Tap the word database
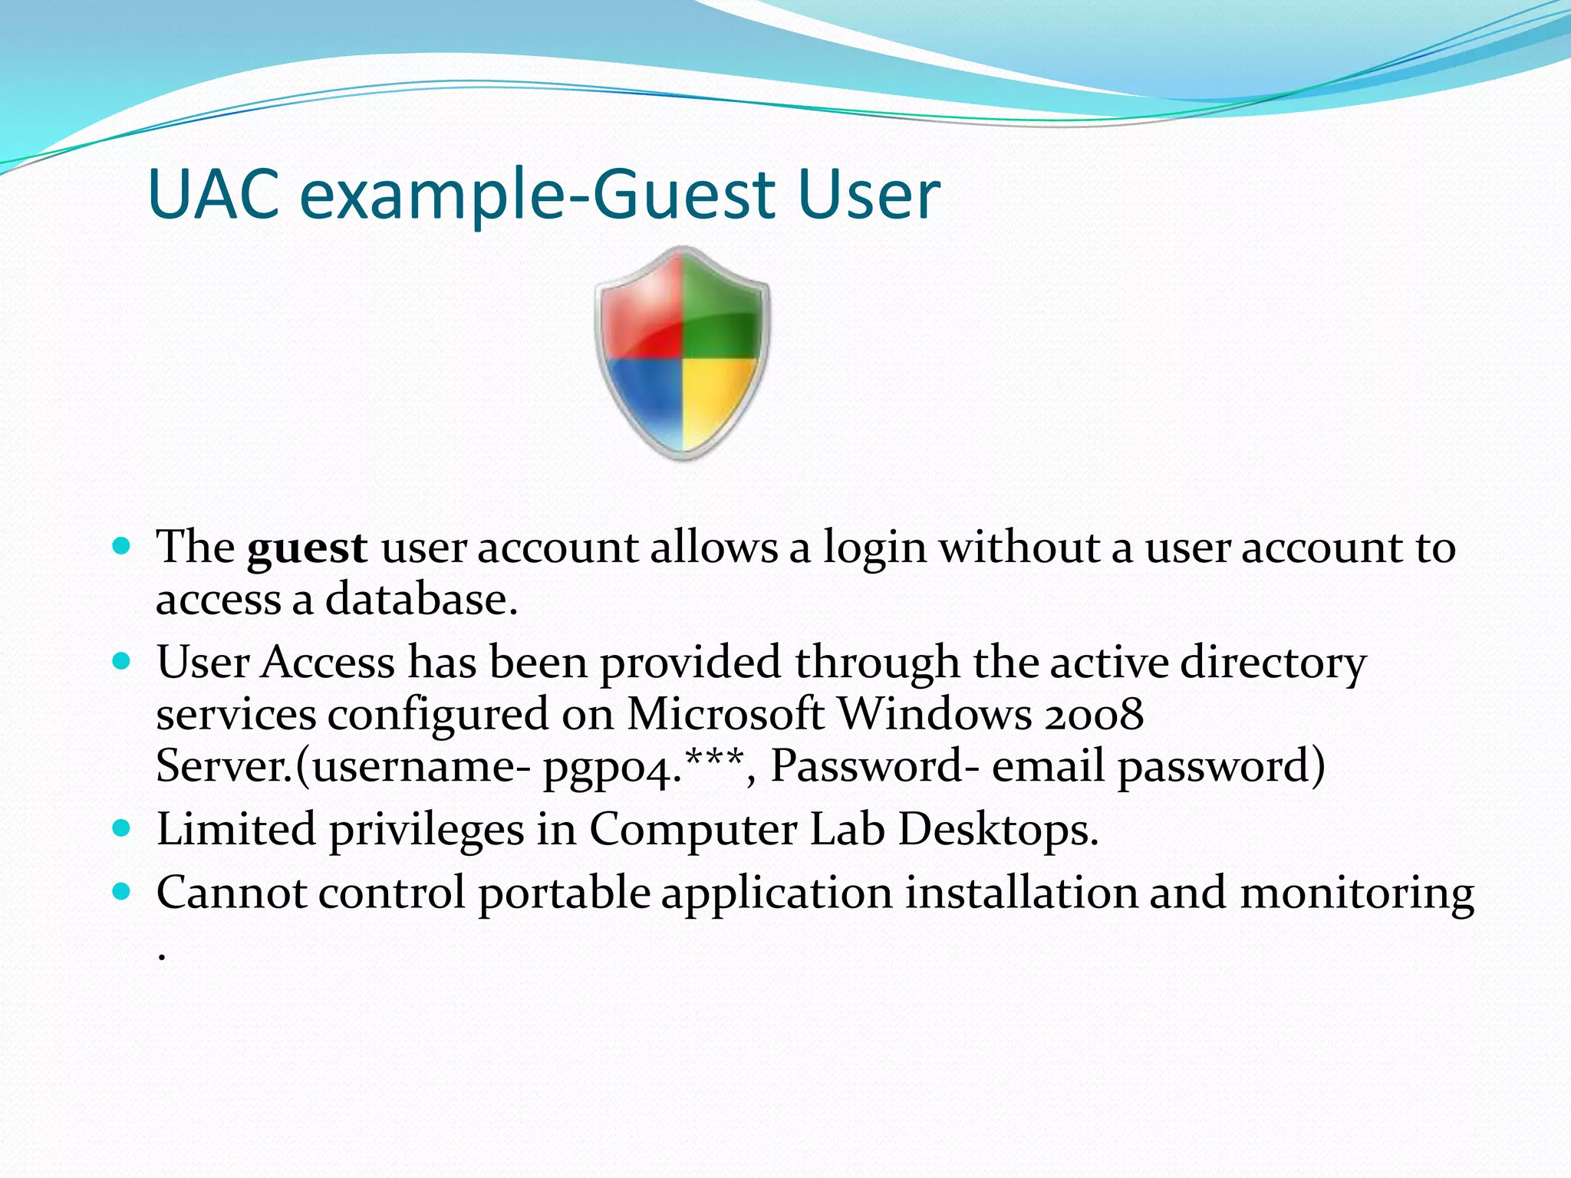coord(421,600)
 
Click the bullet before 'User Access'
coord(121,660)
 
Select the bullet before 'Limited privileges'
coord(121,828)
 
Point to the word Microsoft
coord(725,715)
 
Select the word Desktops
coord(998,830)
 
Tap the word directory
coord(1273,663)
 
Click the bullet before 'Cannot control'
coord(121,891)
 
